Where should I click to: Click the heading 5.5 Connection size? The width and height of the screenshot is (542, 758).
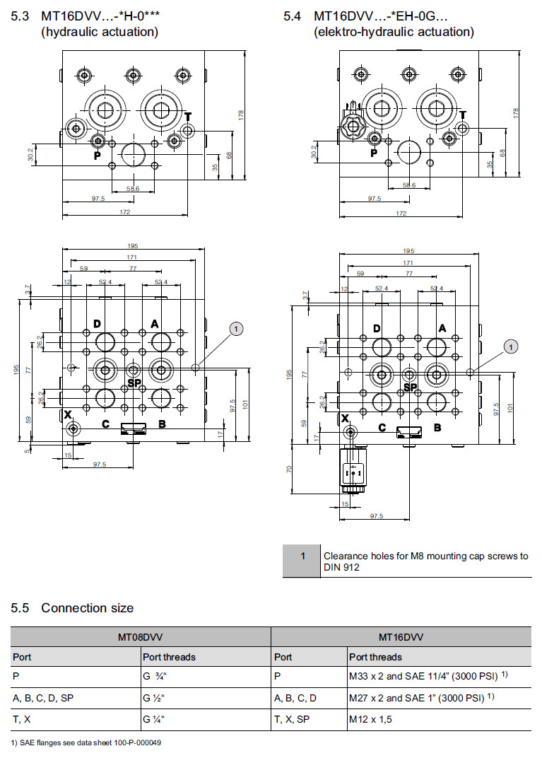pyautogui.click(x=72, y=607)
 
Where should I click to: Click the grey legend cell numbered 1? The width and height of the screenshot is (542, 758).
pyautogui.click(x=302, y=561)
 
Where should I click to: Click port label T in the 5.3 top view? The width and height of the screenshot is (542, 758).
pyautogui.click(x=188, y=117)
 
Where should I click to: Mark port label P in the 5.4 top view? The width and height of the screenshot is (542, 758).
pyautogui.click(x=374, y=153)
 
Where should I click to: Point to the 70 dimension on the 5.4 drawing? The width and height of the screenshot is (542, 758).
pyautogui.click(x=290, y=468)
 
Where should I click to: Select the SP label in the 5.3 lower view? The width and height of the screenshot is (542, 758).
pyautogui.click(x=135, y=383)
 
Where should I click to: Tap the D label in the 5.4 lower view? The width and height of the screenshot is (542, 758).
pyautogui.click(x=377, y=329)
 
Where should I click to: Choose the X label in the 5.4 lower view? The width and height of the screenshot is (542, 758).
pyautogui.click(x=346, y=419)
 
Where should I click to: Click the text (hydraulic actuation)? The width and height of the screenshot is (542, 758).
pyautogui.click(x=100, y=32)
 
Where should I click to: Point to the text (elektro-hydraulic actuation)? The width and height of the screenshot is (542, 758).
pyautogui.click(x=394, y=32)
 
